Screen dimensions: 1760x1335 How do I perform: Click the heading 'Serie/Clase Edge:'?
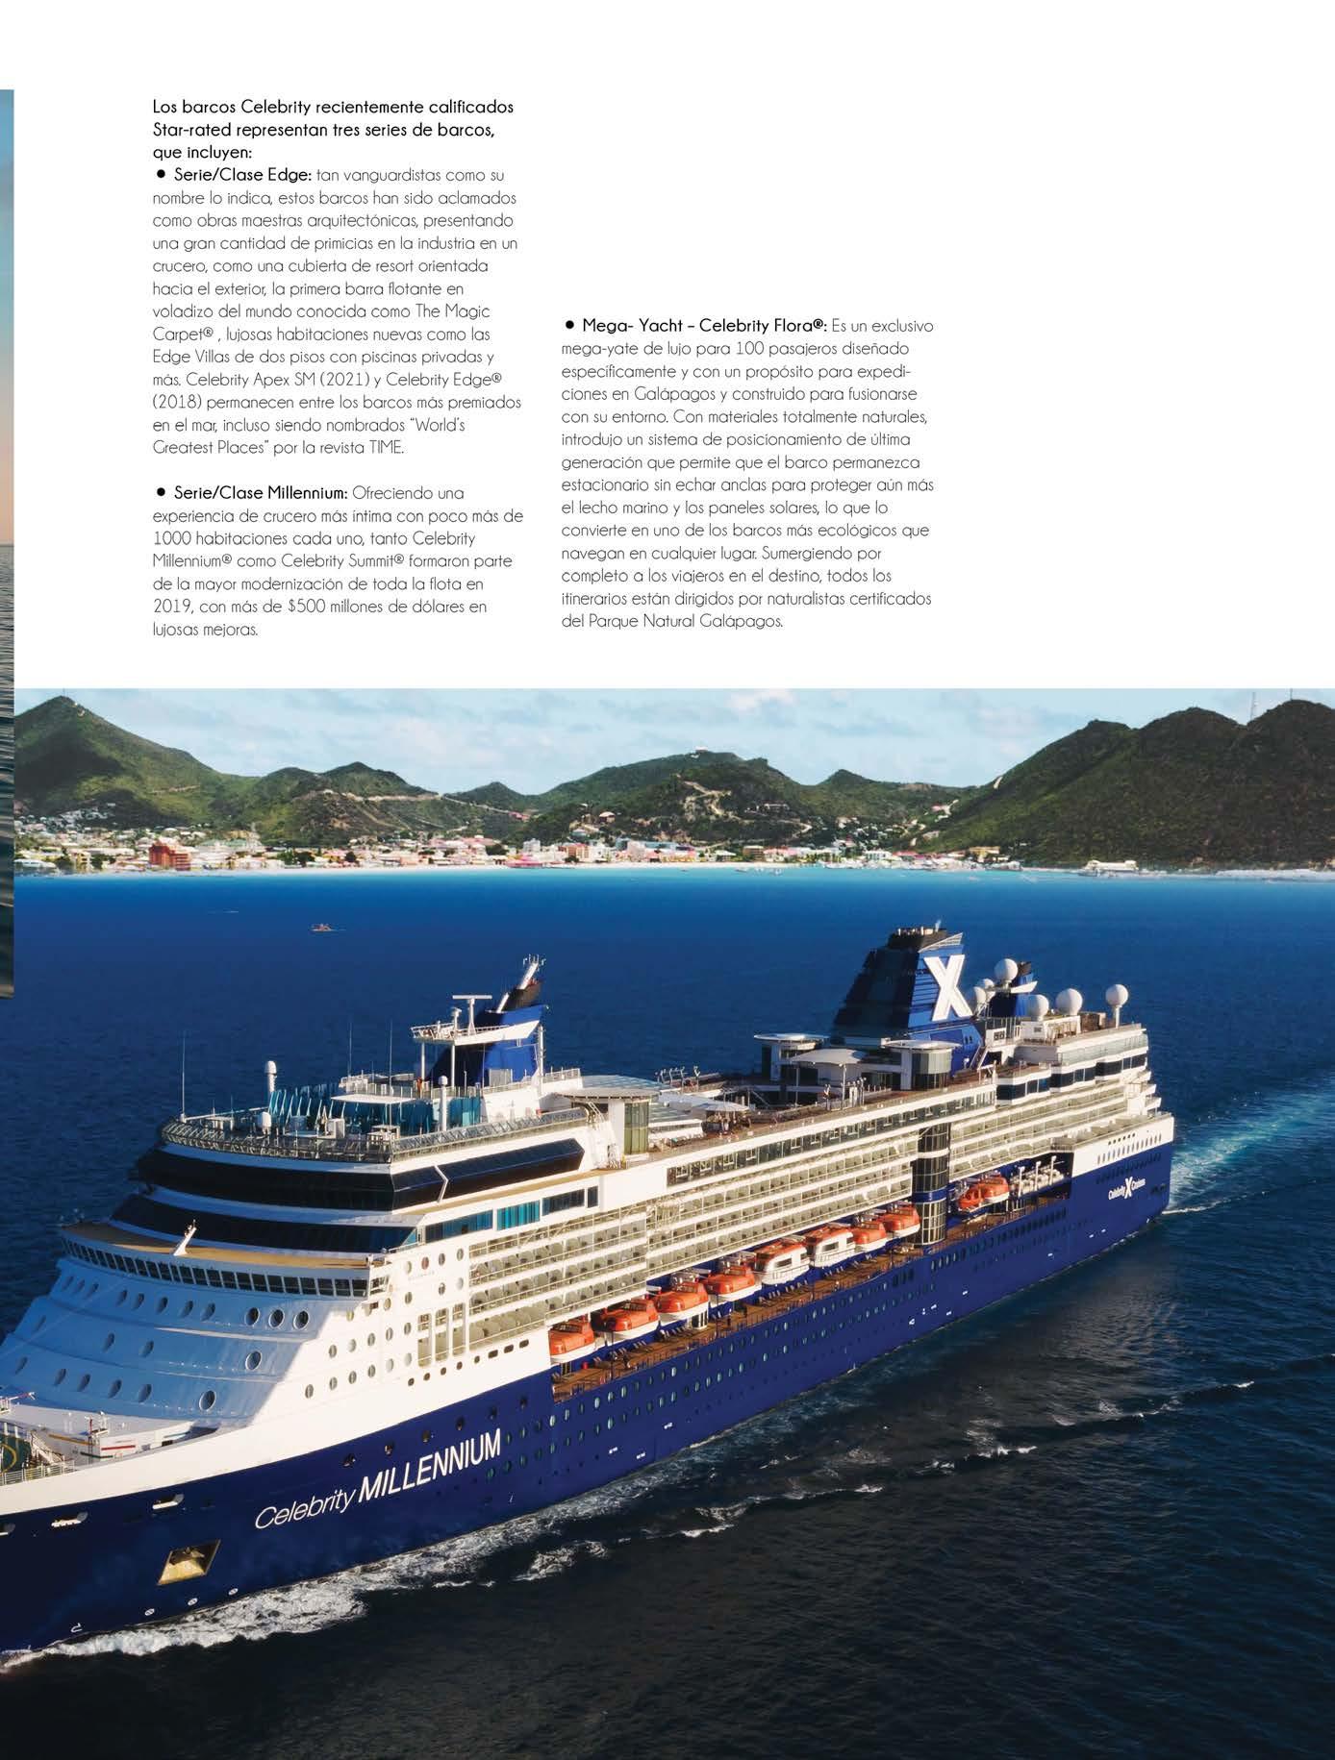pyautogui.click(x=241, y=175)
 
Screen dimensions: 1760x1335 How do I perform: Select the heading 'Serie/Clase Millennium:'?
pyautogui.click(x=261, y=492)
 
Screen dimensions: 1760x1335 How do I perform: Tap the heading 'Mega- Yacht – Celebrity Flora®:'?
pyautogui.click(x=704, y=325)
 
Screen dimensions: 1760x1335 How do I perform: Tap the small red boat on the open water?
pyautogui.click(x=319, y=928)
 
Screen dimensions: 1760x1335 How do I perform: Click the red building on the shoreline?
pyautogui.click(x=166, y=853)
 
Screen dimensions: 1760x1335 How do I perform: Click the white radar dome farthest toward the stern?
pyautogui.click(x=1117, y=995)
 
